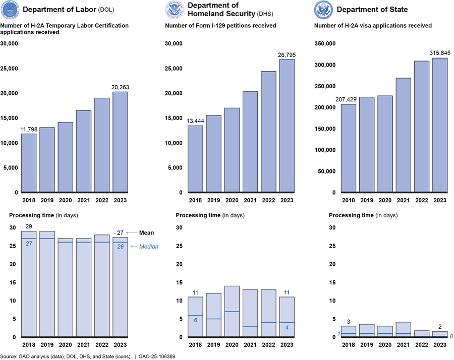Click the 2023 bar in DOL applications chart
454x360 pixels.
121,142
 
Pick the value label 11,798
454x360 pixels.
29,130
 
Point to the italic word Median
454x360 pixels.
149,247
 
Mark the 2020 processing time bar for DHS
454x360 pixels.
232,311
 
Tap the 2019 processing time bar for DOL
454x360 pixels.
47,284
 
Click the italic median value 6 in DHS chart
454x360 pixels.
195,320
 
